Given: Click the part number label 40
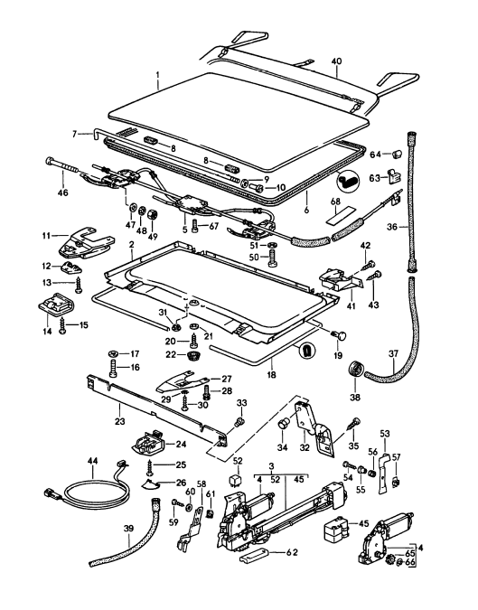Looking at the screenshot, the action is (337, 61).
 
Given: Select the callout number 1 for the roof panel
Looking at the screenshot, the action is (157, 73).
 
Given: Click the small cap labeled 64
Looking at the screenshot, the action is (397, 154).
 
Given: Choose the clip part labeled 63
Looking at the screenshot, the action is (394, 176).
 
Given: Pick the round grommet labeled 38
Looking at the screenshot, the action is (354, 369).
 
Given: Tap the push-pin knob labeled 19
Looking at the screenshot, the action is (340, 335).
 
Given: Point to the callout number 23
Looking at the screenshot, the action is (120, 420).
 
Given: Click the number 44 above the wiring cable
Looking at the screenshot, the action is (93, 461).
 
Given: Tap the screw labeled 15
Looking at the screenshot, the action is (62, 325).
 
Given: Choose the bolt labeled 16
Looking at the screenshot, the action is (112, 367).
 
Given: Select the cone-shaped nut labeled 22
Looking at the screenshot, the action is (191, 355).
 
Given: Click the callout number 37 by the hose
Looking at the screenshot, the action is (394, 354).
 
